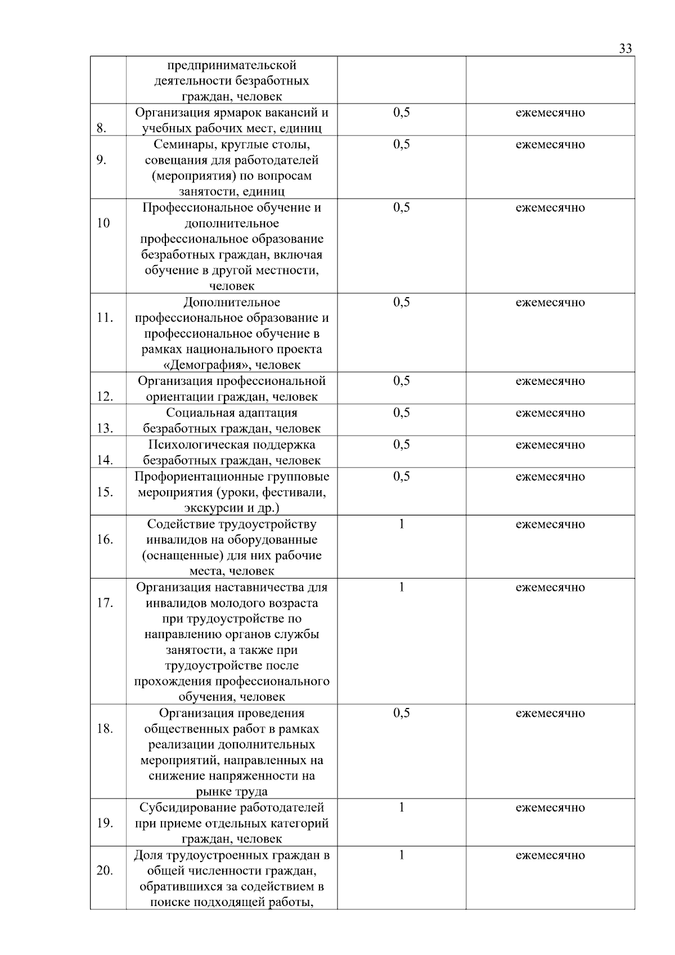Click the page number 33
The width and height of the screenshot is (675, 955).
(625, 48)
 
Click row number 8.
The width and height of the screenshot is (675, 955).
(101, 128)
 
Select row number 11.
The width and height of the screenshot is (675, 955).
(104, 317)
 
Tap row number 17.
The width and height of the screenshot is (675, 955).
(105, 603)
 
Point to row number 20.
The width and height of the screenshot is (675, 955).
(105, 871)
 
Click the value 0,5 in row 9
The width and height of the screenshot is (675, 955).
(401, 144)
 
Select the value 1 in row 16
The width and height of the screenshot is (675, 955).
(401, 524)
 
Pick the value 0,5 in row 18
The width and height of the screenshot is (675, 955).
(401, 713)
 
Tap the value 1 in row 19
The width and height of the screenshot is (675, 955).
(401, 808)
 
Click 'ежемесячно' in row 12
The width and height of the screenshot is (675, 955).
(550, 381)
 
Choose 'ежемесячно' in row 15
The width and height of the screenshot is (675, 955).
(550, 477)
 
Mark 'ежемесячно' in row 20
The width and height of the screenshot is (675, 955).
(550, 855)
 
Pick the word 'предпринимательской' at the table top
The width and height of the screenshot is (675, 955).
(232, 65)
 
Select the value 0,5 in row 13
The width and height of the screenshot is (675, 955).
(401, 413)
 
